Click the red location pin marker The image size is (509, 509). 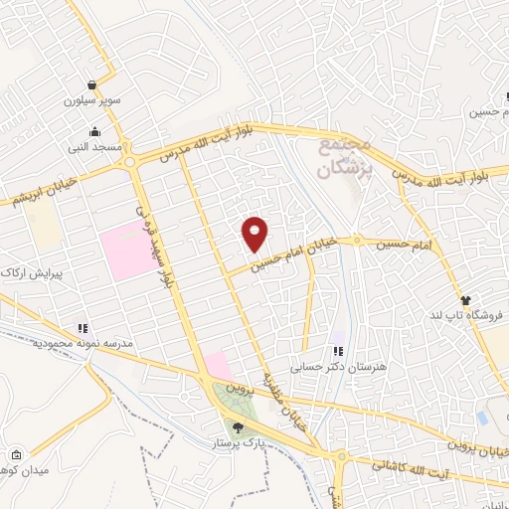pos(255,233)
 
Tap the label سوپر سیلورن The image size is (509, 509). pos(92,100)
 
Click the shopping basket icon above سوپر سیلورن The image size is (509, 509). pos(92,85)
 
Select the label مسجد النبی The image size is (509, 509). pos(94,147)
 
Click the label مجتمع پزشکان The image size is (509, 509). pos(345,158)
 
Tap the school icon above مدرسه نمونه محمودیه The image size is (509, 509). pos(83,326)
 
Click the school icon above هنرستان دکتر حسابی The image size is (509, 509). pos(338,350)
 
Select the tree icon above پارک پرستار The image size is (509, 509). pos(237,426)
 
